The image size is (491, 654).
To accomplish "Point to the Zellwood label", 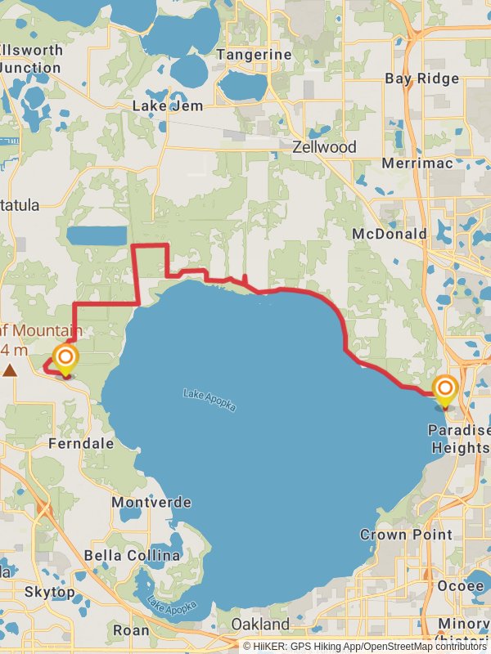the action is (x=325, y=147).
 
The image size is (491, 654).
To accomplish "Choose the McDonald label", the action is (x=390, y=234).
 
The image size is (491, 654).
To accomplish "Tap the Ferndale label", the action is (x=81, y=443).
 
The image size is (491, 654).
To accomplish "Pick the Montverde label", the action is (x=151, y=502).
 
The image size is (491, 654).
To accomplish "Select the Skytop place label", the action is (x=49, y=591).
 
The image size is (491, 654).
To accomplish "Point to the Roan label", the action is (x=131, y=630).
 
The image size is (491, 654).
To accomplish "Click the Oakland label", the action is (x=259, y=625).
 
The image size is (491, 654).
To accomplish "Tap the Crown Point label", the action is (x=406, y=535).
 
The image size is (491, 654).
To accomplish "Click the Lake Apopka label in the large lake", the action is (x=210, y=400).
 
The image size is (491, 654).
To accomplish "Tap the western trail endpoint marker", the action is (x=65, y=361).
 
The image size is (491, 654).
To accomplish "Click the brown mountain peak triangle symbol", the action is (x=10, y=370).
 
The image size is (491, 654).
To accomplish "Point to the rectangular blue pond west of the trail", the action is (x=97, y=236).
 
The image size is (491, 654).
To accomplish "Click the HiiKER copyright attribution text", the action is (x=365, y=646).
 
